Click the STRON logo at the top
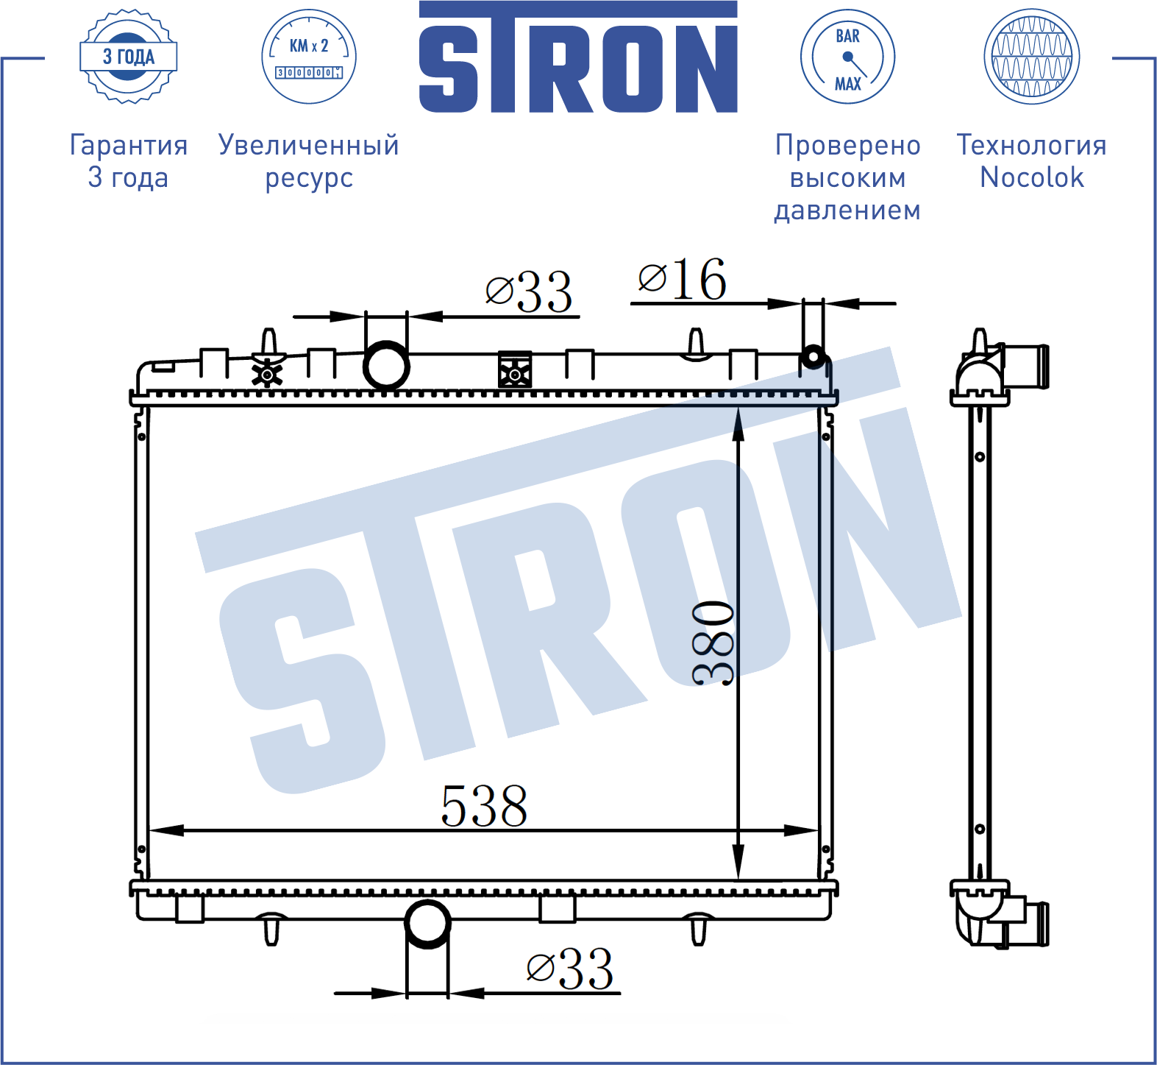tap(578, 57)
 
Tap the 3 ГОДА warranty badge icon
tap(129, 57)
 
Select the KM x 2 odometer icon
tap(309, 57)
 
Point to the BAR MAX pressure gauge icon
tap(847, 57)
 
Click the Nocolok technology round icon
tap(1032, 57)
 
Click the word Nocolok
tap(1032, 177)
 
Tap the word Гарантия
tap(129, 145)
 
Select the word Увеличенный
tap(309, 145)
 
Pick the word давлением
tap(847, 210)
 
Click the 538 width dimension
tap(484, 806)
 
